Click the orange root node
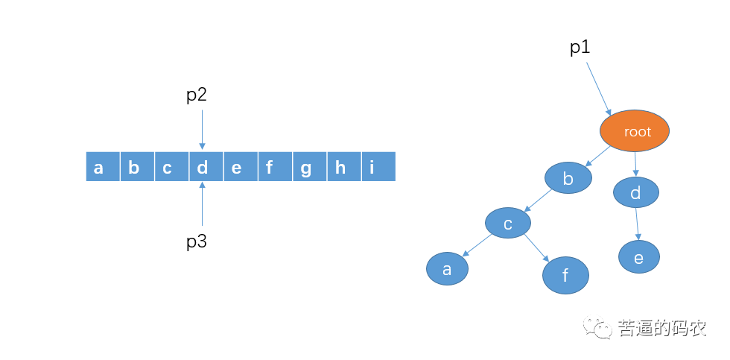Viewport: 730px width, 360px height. point(635,131)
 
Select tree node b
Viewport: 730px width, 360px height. point(568,178)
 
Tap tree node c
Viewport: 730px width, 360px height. point(507,222)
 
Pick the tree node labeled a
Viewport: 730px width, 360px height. point(447,269)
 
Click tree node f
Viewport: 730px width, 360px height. point(565,276)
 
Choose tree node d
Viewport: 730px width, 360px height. point(636,193)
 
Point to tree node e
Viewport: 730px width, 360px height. point(638,257)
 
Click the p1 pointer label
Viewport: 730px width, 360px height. point(580,48)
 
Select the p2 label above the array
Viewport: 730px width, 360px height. point(196,95)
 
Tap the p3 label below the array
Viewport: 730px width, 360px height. point(196,241)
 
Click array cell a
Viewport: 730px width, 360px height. point(99,167)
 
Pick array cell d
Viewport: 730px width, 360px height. point(202,167)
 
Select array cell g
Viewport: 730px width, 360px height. point(305,167)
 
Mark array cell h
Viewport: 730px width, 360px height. point(340,167)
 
